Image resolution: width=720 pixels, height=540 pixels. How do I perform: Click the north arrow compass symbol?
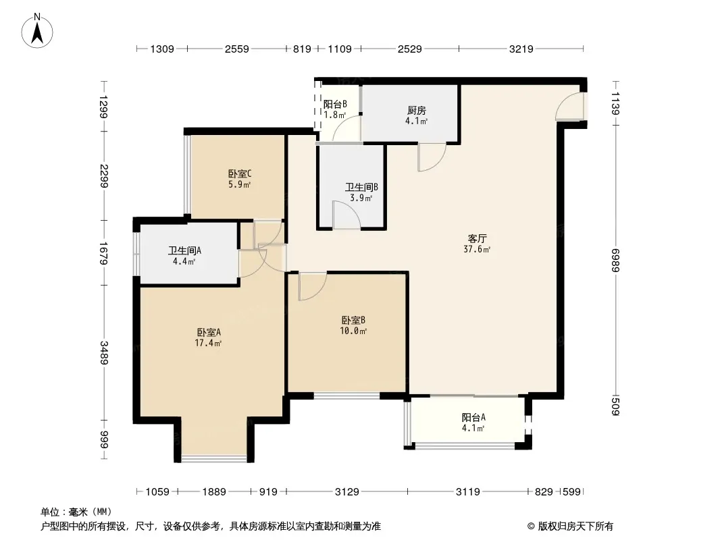tap(37, 30)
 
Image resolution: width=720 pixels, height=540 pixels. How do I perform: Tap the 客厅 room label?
tap(477, 238)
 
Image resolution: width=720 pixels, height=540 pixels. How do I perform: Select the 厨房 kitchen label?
tap(417, 111)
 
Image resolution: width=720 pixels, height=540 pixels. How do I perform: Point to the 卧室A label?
tap(209, 332)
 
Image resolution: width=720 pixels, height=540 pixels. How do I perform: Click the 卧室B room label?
tap(353, 320)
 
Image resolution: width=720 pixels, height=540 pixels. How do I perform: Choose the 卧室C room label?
tap(240, 174)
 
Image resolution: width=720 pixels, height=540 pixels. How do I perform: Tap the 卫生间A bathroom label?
tap(184, 250)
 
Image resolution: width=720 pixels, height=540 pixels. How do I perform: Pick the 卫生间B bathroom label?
tap(361, 187)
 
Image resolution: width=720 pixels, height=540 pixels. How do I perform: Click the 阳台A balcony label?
tap(473, 418)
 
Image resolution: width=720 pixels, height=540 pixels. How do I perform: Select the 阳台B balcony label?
tap(335, 105)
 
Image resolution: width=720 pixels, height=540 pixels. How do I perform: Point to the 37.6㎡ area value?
tap(477, 250)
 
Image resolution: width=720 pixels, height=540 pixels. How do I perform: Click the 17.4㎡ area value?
tap(209, 343)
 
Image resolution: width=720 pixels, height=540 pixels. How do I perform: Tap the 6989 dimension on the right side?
tap(615, 260)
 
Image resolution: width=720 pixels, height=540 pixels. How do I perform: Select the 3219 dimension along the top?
tap(521, 49)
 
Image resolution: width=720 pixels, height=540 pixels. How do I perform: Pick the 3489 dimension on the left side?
tap(104, 353)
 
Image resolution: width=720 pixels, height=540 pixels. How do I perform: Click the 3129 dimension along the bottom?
tap(346, 492)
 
